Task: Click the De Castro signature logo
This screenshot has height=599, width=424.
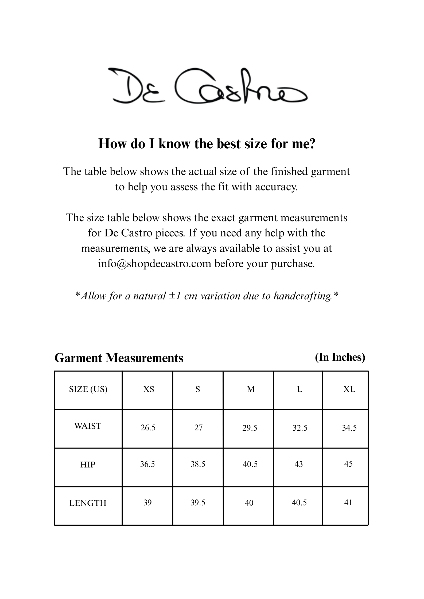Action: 207,86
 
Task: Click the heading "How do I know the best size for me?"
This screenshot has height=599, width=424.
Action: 207,144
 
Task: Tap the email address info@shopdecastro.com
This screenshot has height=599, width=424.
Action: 155,264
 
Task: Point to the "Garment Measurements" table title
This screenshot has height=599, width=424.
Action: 119,358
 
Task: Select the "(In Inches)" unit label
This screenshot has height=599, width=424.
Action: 340,357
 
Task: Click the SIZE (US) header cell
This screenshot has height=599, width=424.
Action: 88,390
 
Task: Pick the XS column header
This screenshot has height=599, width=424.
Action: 149,390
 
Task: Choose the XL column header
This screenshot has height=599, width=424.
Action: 349,390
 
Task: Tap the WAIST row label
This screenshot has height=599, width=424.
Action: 88,426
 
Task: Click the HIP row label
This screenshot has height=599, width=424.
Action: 88,465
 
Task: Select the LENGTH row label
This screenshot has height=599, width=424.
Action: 88,503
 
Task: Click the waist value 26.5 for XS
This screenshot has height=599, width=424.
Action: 148,428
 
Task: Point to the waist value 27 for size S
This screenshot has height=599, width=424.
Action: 198,428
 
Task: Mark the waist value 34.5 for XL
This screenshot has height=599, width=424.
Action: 349,428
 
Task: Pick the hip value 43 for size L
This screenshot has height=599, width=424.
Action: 298,464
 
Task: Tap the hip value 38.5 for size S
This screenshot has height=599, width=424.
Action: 198,464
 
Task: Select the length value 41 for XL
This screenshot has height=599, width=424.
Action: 348,503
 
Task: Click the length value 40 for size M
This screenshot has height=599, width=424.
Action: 249,503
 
